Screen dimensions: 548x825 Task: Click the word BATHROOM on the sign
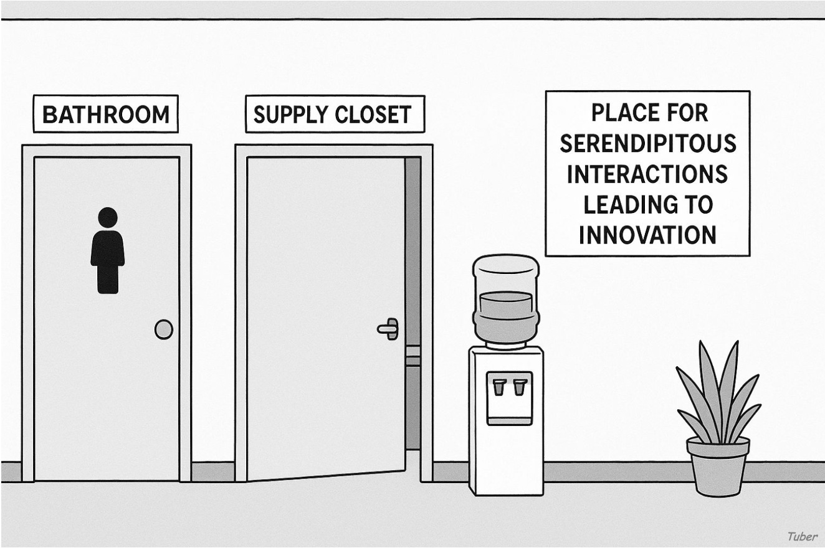(105, 115)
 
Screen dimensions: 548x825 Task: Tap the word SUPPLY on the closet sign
(286, 115)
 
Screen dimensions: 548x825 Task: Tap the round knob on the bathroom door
(163, 329)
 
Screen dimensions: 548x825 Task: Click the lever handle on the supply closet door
(389, 328)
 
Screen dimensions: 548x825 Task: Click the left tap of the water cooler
(498, 387)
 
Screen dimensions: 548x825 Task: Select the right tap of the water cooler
(519, 387)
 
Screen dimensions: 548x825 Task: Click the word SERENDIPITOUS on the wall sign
(647, 144)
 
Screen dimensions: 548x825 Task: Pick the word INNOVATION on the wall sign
(647, 235)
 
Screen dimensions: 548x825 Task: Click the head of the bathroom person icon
(107, 217)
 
